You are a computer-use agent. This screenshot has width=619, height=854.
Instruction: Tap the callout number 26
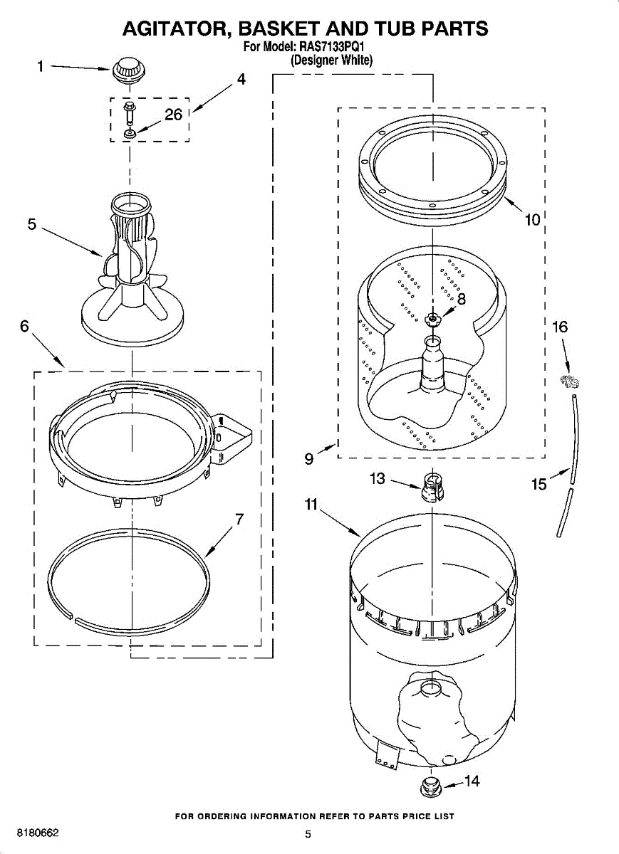(x=174, y=115)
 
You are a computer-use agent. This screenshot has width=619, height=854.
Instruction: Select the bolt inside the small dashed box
(x=130, y=112)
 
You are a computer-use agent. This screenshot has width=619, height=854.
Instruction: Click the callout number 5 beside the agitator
(x=32, y=224)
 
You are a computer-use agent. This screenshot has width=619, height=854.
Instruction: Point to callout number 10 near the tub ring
(x=532, y=220)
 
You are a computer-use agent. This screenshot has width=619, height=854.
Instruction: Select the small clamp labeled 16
(x=568, y=381)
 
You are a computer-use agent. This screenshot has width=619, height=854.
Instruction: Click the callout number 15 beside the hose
(x=539, y=485)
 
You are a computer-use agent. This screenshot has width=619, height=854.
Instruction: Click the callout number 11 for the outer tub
(x=311, y=505)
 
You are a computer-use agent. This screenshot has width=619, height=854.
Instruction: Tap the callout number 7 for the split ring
(x=239, y=519)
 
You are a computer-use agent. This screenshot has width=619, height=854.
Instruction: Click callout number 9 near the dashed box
(x=308, y=459)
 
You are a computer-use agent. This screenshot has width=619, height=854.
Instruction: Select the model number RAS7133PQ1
(x=334, y=48)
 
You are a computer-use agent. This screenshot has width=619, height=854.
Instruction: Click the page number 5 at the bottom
(x=308, y=834)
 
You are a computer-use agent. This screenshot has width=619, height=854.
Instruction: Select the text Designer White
(x=332, y=60)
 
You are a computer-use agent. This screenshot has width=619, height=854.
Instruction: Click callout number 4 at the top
(x=241, y=80)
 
